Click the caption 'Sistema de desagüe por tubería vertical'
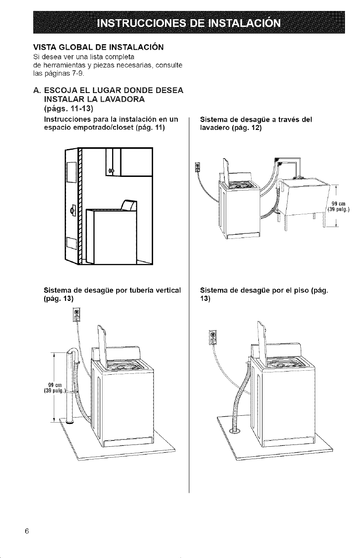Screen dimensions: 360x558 coord(113,289)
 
